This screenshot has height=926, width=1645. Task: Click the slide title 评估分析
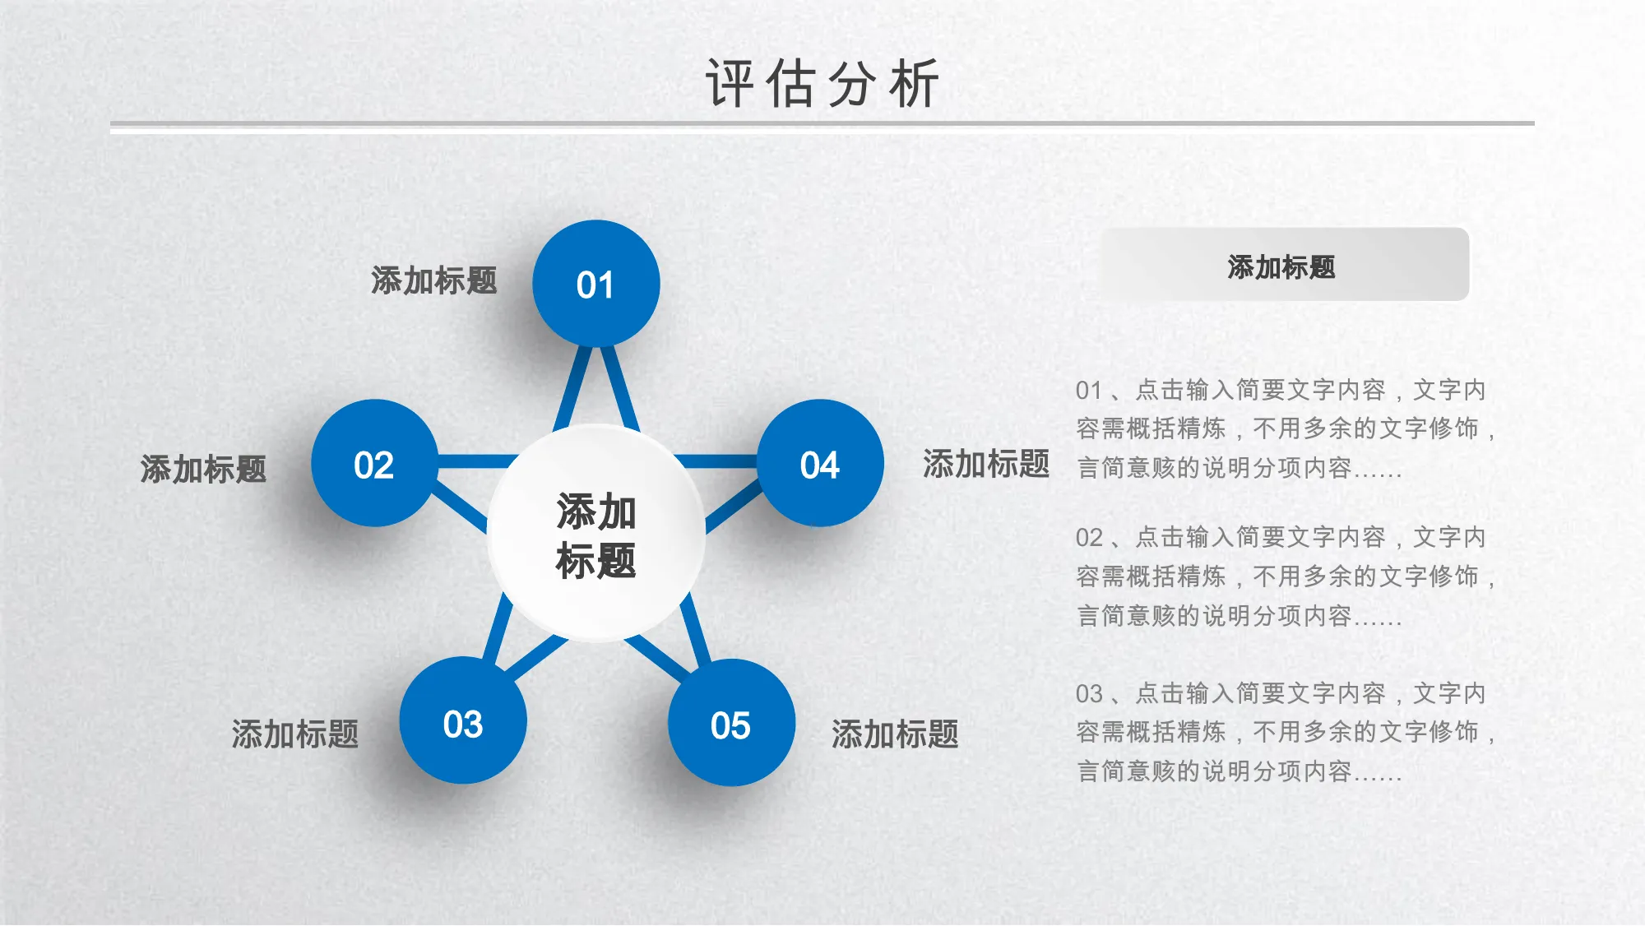click(x=822, y=83)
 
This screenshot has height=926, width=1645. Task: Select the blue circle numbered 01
click(x=596, y=284)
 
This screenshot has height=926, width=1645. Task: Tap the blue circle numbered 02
click(x=375, y=463)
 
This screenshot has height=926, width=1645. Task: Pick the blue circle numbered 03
click(x=463, y=720)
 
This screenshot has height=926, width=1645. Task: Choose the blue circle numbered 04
click(x=820, y=463)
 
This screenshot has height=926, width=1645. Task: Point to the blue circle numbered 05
click(x=731, y=722)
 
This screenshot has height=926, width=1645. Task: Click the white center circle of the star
click(x=596, y=534)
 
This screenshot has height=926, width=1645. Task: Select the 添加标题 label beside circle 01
click(x=434, y=281)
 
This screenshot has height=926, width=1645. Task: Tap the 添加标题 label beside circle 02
click(x=203, y=470)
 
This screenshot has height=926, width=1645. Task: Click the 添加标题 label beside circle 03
click(x=295, y=734)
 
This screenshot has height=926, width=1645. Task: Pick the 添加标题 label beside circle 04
click(x=986, y=464)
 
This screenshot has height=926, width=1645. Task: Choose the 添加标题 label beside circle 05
click(x=895, y=734)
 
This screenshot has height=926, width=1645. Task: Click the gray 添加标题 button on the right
click(x=1285, y=265)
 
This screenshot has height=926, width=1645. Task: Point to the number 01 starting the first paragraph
click(x=1089, y=390)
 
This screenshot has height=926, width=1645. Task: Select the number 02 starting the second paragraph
click(x=1089, y=538)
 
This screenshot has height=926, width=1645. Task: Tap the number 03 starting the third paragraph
click(x=1089, y=694)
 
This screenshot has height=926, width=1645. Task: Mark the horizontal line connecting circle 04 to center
click(x=716, y=461)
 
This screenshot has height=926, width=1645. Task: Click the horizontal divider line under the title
click(x=822, y=124)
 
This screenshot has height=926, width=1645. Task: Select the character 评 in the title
click(x=730, y=83)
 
